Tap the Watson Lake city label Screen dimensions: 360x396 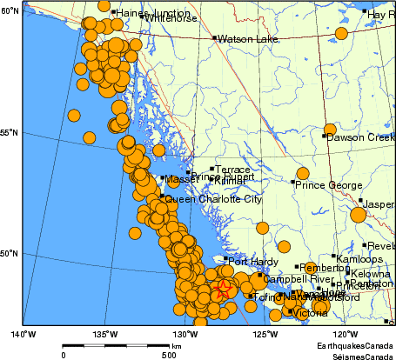(241, 39)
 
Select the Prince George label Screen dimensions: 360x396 (327, 184)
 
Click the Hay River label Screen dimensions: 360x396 (381, 15)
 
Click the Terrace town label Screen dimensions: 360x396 (232, 170)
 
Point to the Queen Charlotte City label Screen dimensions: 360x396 (212, 199)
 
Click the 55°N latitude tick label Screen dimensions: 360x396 (10, 132)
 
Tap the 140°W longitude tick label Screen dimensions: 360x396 (23, 333)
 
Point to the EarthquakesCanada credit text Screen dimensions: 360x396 (359, 345)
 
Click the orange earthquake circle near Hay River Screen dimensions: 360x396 (341, 33)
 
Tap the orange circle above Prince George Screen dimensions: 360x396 (303, 174)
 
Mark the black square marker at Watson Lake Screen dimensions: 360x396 (215, 38)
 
